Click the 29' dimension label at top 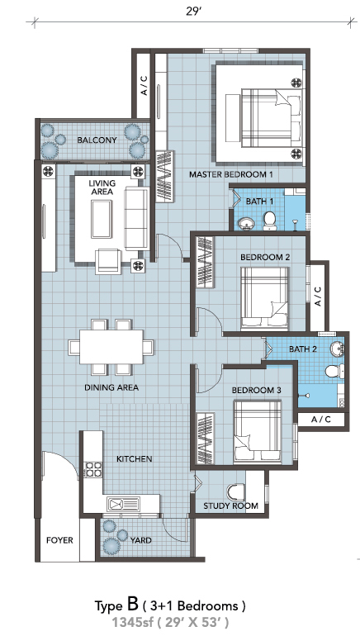194,11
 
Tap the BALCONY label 97,140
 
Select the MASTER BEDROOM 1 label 230,175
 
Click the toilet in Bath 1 270,221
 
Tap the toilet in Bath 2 334,371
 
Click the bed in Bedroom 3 258,431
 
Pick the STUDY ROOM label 230,505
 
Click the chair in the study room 236,491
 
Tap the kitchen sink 123,504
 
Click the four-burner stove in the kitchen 92,469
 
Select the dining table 111,347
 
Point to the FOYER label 59,540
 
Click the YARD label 141,540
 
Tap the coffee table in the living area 101,219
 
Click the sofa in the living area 135,218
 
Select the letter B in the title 133,605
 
